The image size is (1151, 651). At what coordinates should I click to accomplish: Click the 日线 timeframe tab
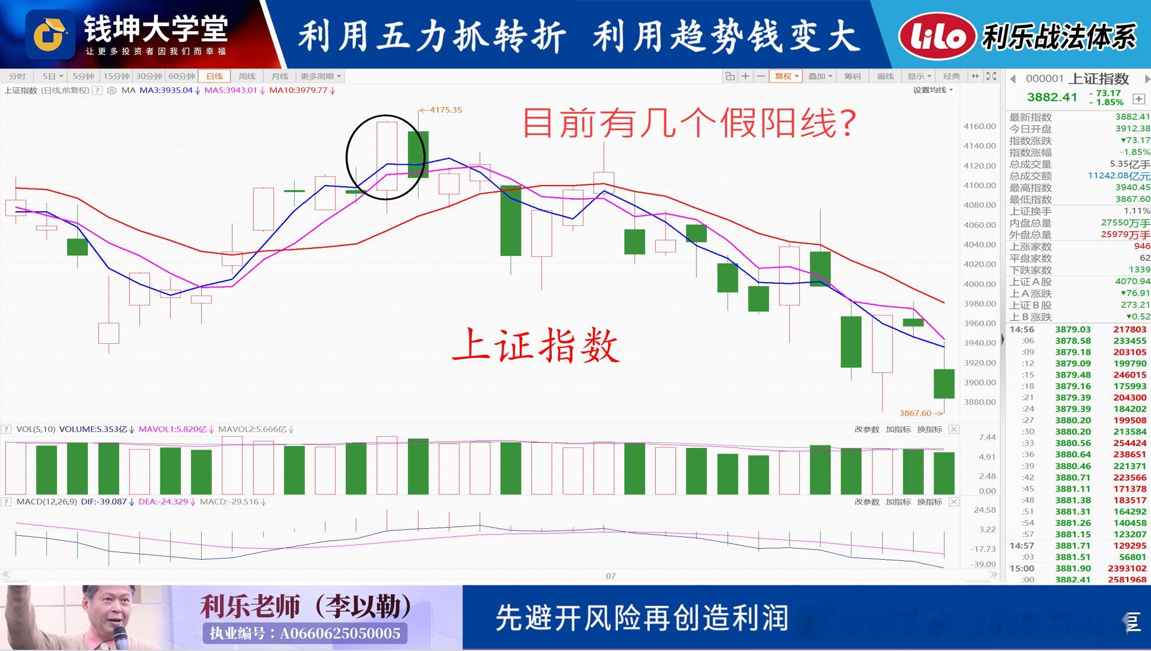point(215,76)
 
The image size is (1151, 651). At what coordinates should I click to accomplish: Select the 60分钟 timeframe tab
point(181,76)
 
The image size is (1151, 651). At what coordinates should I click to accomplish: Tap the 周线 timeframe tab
point(247,76)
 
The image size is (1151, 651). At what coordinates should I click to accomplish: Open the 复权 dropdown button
point(785,76)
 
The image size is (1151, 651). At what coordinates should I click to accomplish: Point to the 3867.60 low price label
point(915,413)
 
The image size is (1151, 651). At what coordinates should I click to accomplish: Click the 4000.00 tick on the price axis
point(980,284)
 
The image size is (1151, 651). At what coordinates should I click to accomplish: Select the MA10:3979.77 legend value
point(298,90)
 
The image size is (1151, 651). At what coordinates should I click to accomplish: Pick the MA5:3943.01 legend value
point(230,90)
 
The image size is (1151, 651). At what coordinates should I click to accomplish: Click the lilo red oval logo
point(937,36)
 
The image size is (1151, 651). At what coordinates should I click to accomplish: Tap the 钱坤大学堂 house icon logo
point(50,34)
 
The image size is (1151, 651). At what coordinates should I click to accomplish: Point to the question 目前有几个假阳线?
point(690,123)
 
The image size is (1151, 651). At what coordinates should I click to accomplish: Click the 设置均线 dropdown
point(932,90)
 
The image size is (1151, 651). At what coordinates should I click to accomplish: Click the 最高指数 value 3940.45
point(1132,187)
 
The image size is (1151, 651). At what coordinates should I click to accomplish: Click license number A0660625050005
point(340,633)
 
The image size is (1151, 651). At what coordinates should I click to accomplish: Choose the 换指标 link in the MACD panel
point(930,501)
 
